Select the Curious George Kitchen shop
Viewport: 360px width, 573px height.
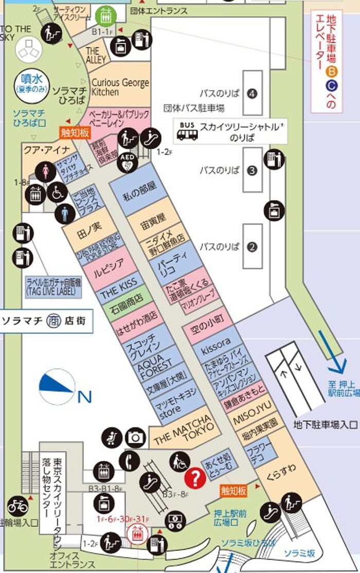[120, 87]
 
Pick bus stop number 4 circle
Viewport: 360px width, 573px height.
[251, 94]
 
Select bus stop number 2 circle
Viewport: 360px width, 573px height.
[251, 246]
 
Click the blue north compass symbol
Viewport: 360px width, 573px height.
[57, 385]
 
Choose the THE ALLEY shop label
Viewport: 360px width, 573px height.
[97, 55]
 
